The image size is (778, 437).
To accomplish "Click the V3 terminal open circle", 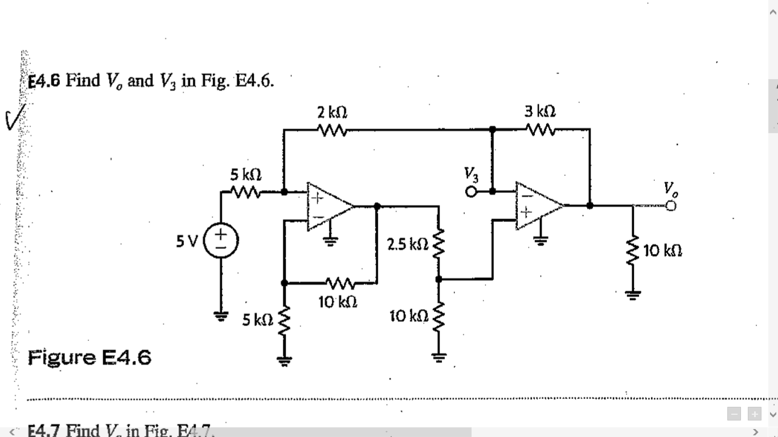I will coord(471,192).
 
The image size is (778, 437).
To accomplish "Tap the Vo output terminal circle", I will coord(673,205).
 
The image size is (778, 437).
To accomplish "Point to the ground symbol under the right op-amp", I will coord(539,240).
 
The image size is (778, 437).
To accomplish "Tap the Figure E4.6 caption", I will coord(89,358).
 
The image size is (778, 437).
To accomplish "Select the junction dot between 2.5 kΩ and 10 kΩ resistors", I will coord(439,279).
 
